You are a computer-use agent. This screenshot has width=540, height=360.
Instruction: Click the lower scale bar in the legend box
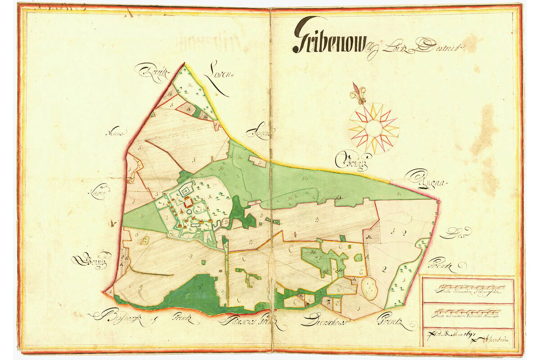tap(468, 311)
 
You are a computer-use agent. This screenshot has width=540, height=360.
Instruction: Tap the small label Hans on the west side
tap(116, 133)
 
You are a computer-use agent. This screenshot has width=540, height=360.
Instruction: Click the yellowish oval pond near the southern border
tap(370, 288)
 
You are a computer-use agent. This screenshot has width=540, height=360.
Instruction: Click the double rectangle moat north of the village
tap(186, 192)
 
